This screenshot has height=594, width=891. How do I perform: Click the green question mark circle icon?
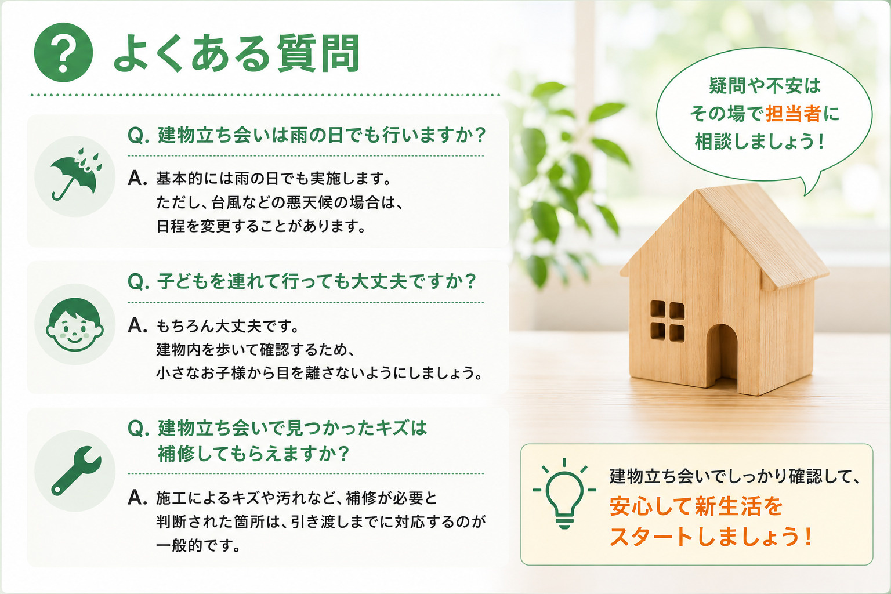[63, 52]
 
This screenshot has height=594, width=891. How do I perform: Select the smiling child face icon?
[75, 325]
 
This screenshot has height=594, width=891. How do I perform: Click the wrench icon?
[76, 470]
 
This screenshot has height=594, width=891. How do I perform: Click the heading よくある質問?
[237, 53]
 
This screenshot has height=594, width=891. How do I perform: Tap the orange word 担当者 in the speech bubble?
[793, 114]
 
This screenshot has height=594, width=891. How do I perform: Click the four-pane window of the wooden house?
[668, 321]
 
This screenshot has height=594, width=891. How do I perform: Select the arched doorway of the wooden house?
[722, 356]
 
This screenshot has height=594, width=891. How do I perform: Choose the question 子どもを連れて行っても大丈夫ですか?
[302, 281]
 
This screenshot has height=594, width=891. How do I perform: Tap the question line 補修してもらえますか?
[253, 454]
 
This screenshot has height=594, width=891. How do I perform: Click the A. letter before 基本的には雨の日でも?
[137, 178]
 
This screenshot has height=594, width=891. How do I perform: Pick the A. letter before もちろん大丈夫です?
[137, 325]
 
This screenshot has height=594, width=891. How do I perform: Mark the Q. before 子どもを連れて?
[139, 282]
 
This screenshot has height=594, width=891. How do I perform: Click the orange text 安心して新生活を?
[696, 506]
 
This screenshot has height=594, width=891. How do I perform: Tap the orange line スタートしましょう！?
[711, 537]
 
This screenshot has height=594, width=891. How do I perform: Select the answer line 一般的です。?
[198, 545]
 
